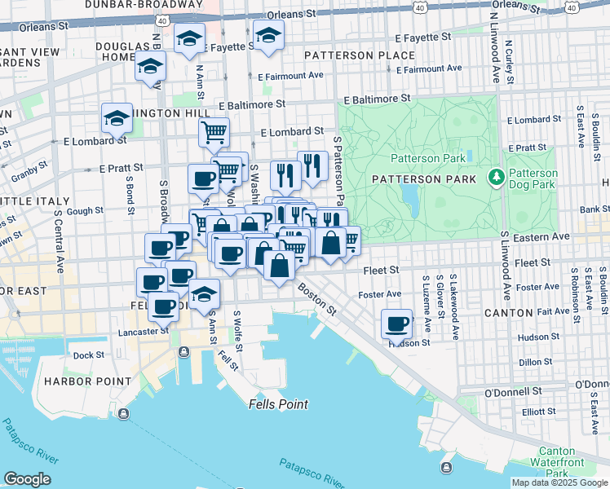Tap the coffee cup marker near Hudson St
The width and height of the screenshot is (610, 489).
(397, 324)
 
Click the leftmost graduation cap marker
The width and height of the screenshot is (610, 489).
(117, 117)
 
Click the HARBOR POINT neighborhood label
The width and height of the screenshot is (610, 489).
(87, 381)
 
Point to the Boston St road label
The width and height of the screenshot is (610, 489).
(317, 299)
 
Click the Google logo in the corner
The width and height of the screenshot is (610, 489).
(27, 479)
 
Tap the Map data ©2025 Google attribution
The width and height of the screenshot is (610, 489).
(559, 482)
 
